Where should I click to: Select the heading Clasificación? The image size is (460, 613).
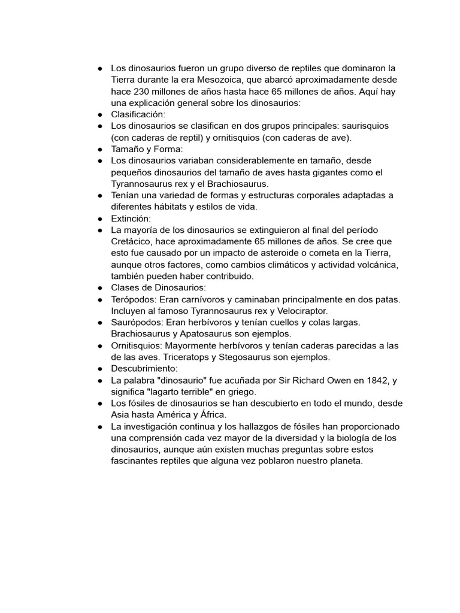click(x=138, y=114)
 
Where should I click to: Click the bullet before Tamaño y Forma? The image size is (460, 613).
click(x=100, y=150)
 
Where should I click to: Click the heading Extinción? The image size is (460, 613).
click(x=131, y=219)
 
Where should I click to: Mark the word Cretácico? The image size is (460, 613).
click(x=133, y=242)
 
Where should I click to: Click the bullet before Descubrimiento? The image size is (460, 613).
click(x=100, y=369)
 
